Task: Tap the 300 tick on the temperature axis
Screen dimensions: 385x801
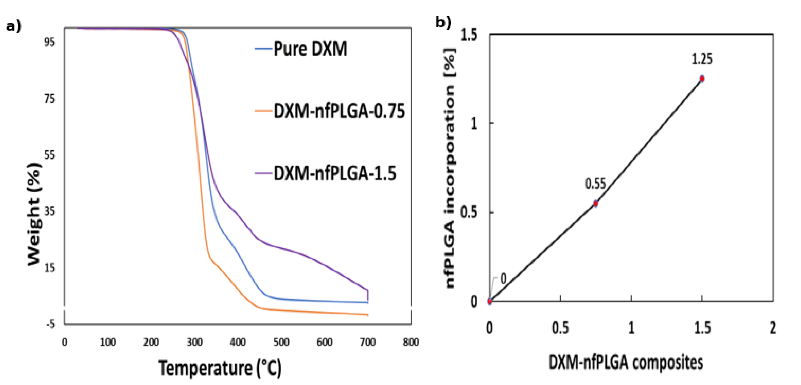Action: tap(194, 342)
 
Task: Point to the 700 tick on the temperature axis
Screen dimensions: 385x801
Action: tap(368, 342)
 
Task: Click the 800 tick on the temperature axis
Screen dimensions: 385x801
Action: tap(411, 342)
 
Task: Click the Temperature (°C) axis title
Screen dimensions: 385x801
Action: tap(220, 368)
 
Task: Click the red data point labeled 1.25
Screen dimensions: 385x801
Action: tap(702, 79)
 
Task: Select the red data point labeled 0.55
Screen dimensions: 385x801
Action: tap(595, 204)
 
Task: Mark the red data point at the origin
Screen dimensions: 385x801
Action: tap(490, 301)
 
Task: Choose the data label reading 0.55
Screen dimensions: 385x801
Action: tap(595, 184)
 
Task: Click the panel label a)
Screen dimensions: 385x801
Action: tap(14, 26)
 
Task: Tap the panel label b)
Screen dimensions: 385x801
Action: tap(443, 22)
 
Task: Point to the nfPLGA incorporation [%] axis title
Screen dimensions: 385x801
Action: tap(450, 168)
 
